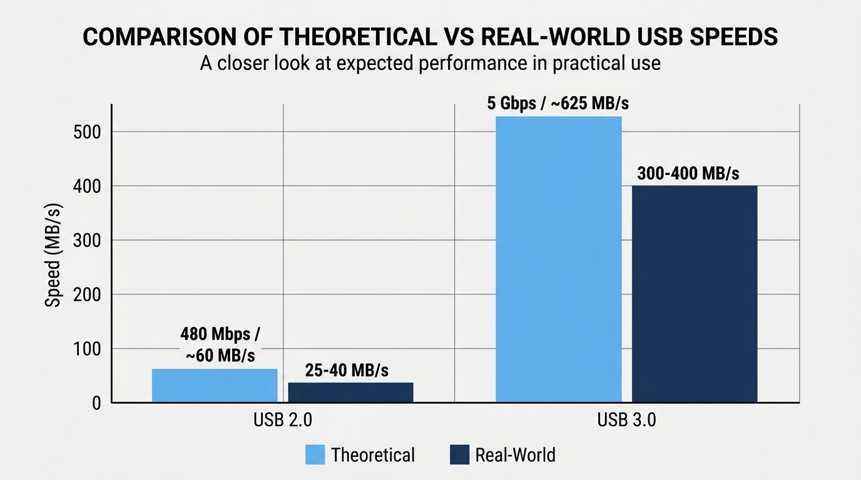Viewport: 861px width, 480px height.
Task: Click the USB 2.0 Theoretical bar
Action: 215,386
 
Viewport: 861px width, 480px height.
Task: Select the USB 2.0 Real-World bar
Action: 350,392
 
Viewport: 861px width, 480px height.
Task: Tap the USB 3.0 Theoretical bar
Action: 558,259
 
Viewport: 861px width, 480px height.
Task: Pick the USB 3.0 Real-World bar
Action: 695,294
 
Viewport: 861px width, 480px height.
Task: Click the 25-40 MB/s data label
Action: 347,370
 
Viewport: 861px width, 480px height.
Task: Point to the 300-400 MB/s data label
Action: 688,173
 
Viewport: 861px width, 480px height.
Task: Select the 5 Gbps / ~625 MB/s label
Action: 558,103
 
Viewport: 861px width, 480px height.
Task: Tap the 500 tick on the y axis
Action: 89,132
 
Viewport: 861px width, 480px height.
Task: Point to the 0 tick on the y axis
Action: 96,403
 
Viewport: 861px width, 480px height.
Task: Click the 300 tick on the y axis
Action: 89,241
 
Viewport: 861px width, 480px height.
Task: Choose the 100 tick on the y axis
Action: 89,349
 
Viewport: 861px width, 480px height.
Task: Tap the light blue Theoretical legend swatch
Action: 315,454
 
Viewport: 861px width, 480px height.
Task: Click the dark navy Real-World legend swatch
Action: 459,454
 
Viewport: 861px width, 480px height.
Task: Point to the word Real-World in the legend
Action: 515,454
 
